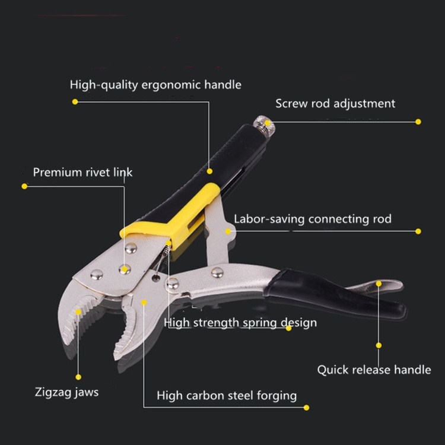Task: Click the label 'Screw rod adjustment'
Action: pos(335,104)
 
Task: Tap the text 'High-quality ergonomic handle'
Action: pos(155,85)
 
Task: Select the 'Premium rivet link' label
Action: pos(82,172)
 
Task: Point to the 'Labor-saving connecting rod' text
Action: pos(313,219)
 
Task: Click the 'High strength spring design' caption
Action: pos(240,323)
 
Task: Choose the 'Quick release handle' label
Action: pos(374,370)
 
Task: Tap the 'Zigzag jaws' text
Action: pos(66,392)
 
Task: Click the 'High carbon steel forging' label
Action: pos(227,396)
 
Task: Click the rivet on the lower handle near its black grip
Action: pos(217,273)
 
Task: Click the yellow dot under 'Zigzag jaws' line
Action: pos(78,377)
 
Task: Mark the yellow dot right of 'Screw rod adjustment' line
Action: pos(418,122)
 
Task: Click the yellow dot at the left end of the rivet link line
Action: pos(24,186)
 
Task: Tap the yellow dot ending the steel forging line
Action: pos(306,408)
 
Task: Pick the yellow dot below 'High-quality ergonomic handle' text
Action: pos(75,101)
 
